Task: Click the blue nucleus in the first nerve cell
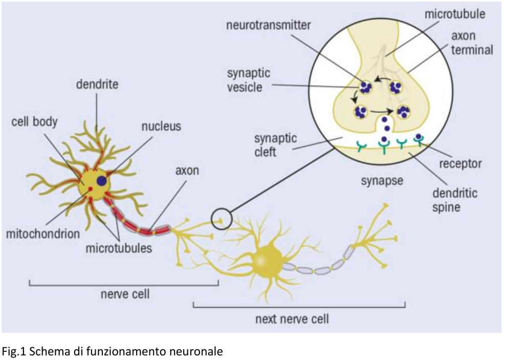[102, 181]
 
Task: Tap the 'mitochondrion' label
[43, 234]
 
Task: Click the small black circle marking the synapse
[222, 219]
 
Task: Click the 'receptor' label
[460, 164]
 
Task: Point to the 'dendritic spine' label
[454, 200]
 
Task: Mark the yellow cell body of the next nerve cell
[266, 260]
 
